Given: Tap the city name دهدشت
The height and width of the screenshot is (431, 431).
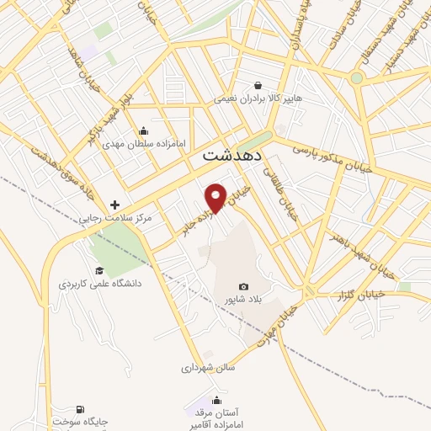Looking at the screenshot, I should pos(233,157).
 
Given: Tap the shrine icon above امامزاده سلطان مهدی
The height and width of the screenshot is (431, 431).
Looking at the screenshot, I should pos(144,130).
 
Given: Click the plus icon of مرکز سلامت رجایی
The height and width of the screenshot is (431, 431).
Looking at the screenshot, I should pos(115,205).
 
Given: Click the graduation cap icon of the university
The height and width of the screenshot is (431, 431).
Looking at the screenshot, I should pos(99,270).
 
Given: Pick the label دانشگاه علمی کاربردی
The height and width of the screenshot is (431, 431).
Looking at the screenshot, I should pos(100,284).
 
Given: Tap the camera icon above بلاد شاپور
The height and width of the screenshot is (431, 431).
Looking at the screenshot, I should pos(244,287).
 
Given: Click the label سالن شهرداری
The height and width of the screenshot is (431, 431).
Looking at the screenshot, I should pos(208,368).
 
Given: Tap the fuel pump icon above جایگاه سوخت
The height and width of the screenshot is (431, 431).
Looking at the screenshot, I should pos(81,408).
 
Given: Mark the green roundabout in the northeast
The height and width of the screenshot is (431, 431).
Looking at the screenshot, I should pos(356,78).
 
